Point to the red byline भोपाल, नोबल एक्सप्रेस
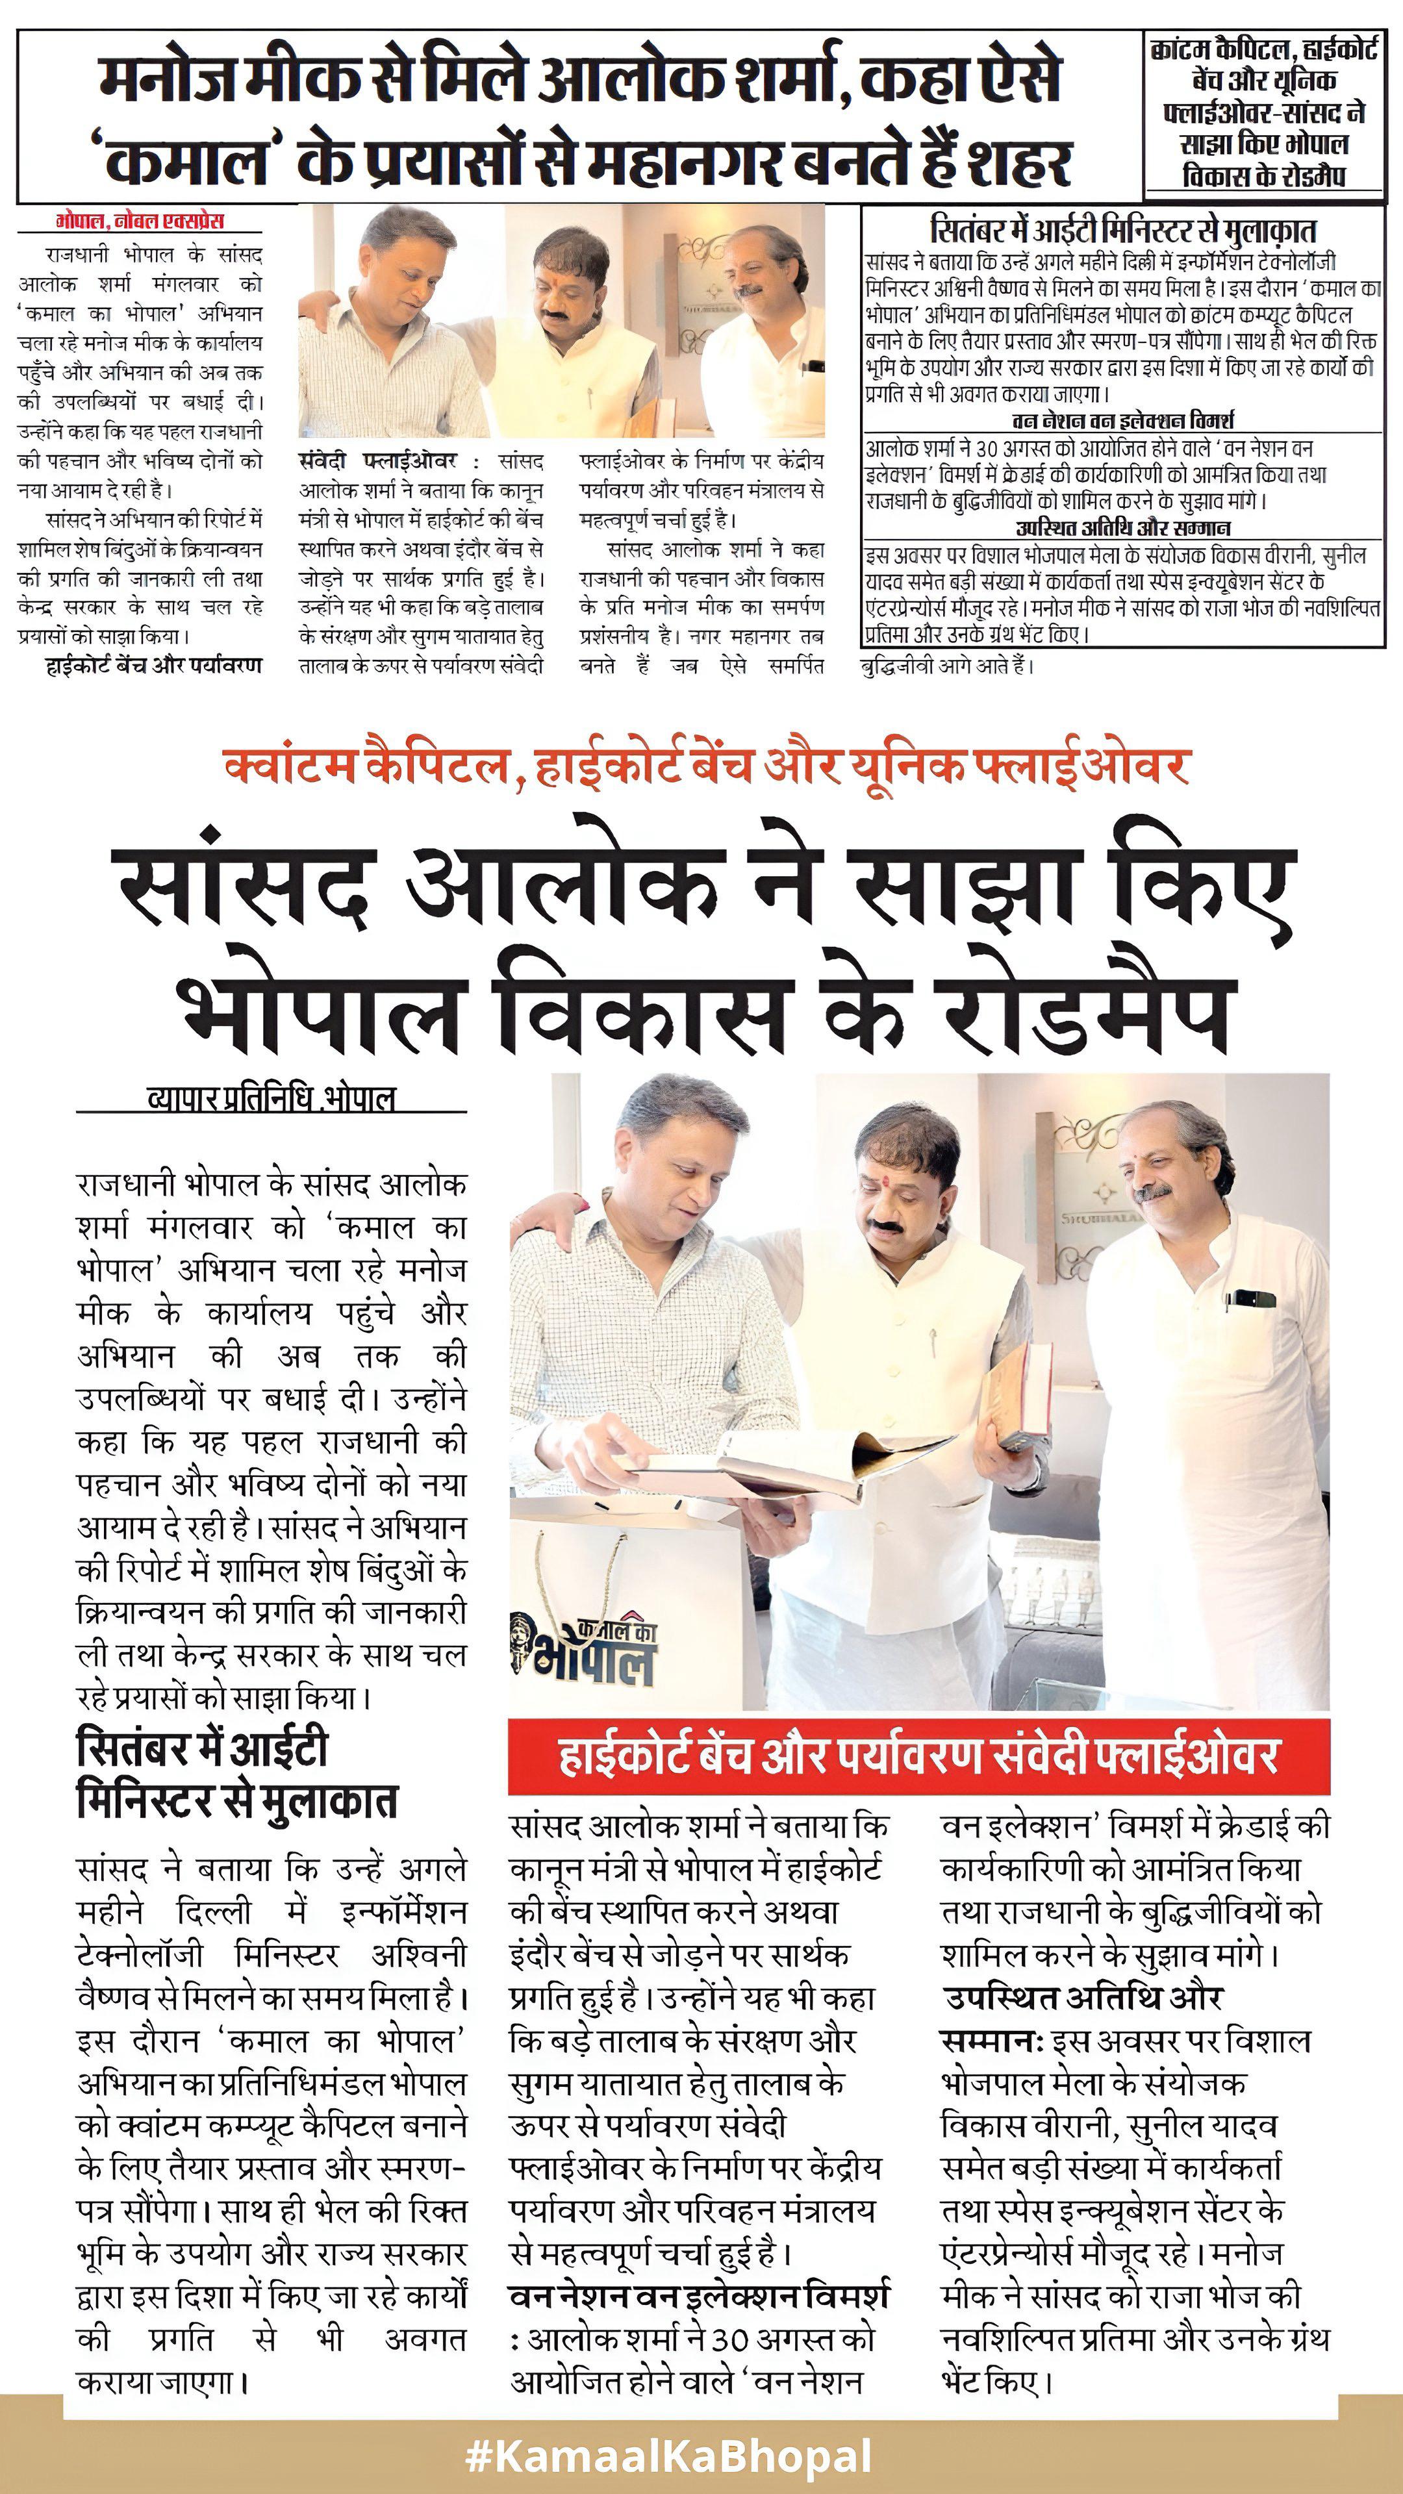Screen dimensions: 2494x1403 coord(140,221)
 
